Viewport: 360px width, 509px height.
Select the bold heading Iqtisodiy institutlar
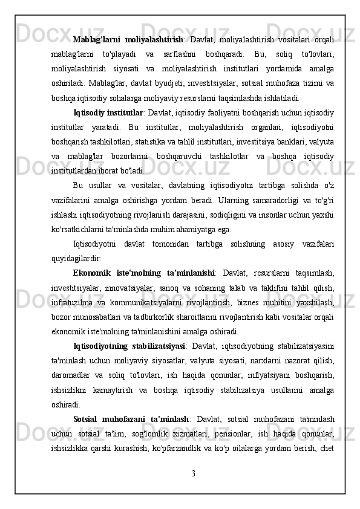click(109, 96)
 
